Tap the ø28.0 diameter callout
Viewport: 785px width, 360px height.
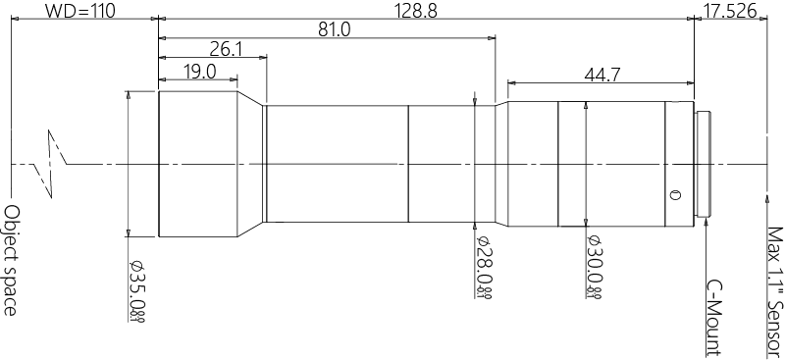(x=483, y=265)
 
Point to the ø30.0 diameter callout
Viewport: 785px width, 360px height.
(x=592, y=266)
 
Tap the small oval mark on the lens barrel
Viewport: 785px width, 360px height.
(x=674, y=193)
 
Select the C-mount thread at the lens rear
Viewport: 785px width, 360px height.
(x=703, y=163)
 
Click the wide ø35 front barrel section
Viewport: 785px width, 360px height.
(x=196, y=163)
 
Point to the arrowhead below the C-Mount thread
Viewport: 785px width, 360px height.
(x=705, y=223)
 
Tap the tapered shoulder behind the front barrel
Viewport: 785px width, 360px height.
(x=251, y=163)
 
